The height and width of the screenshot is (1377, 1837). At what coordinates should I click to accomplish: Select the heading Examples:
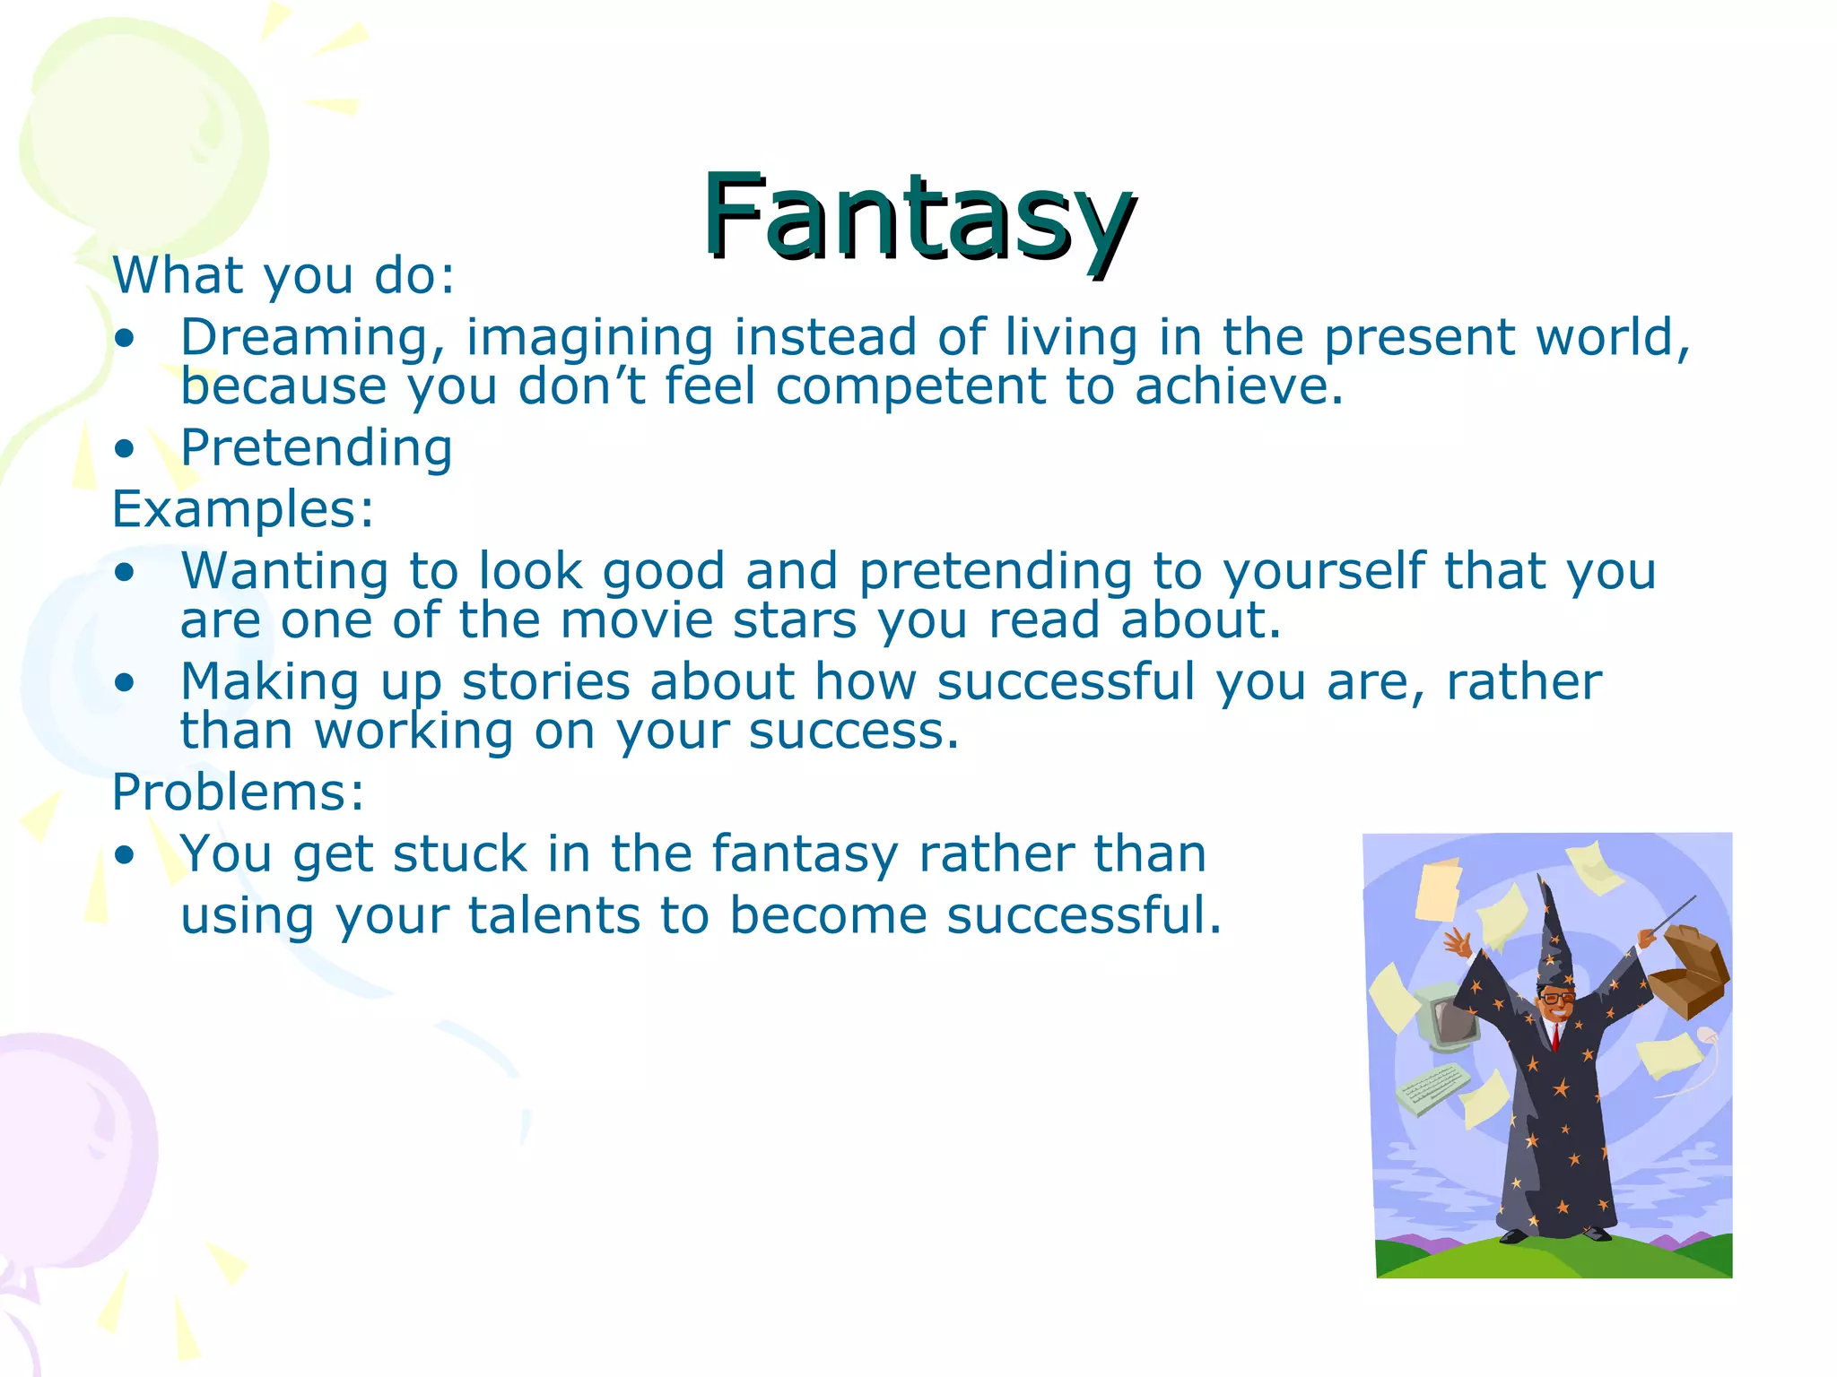tap(242, 509)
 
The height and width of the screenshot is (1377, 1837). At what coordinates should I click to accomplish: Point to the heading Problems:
tap(238, 792)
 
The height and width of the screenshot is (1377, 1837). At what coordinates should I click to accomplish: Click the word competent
tap(910, 387)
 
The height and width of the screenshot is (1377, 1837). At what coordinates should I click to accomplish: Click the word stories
tap(545, 681)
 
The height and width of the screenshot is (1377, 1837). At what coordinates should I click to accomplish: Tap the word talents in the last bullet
tap(553, 916)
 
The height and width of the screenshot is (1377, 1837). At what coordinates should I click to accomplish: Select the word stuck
tap(459, 853)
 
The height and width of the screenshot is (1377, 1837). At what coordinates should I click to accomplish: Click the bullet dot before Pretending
tap(125, 449)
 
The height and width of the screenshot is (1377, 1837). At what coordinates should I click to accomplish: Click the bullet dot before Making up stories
tap(125, 683)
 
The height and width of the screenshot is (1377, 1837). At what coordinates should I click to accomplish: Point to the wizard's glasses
tap(1556, 998)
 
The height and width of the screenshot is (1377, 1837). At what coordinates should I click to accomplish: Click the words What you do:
tap(283, 276)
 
